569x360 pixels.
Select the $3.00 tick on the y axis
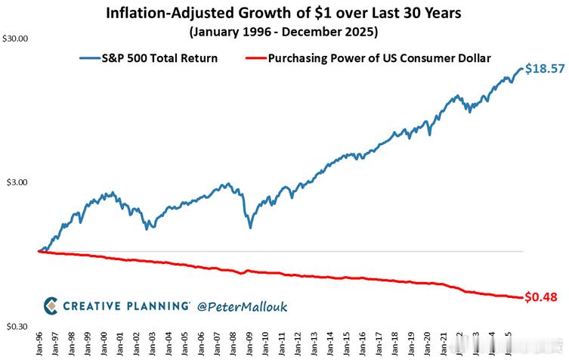(x=17, y=182)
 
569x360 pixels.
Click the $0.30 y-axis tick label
(x=17, y=326)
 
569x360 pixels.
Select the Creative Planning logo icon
(x=50, y=306)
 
